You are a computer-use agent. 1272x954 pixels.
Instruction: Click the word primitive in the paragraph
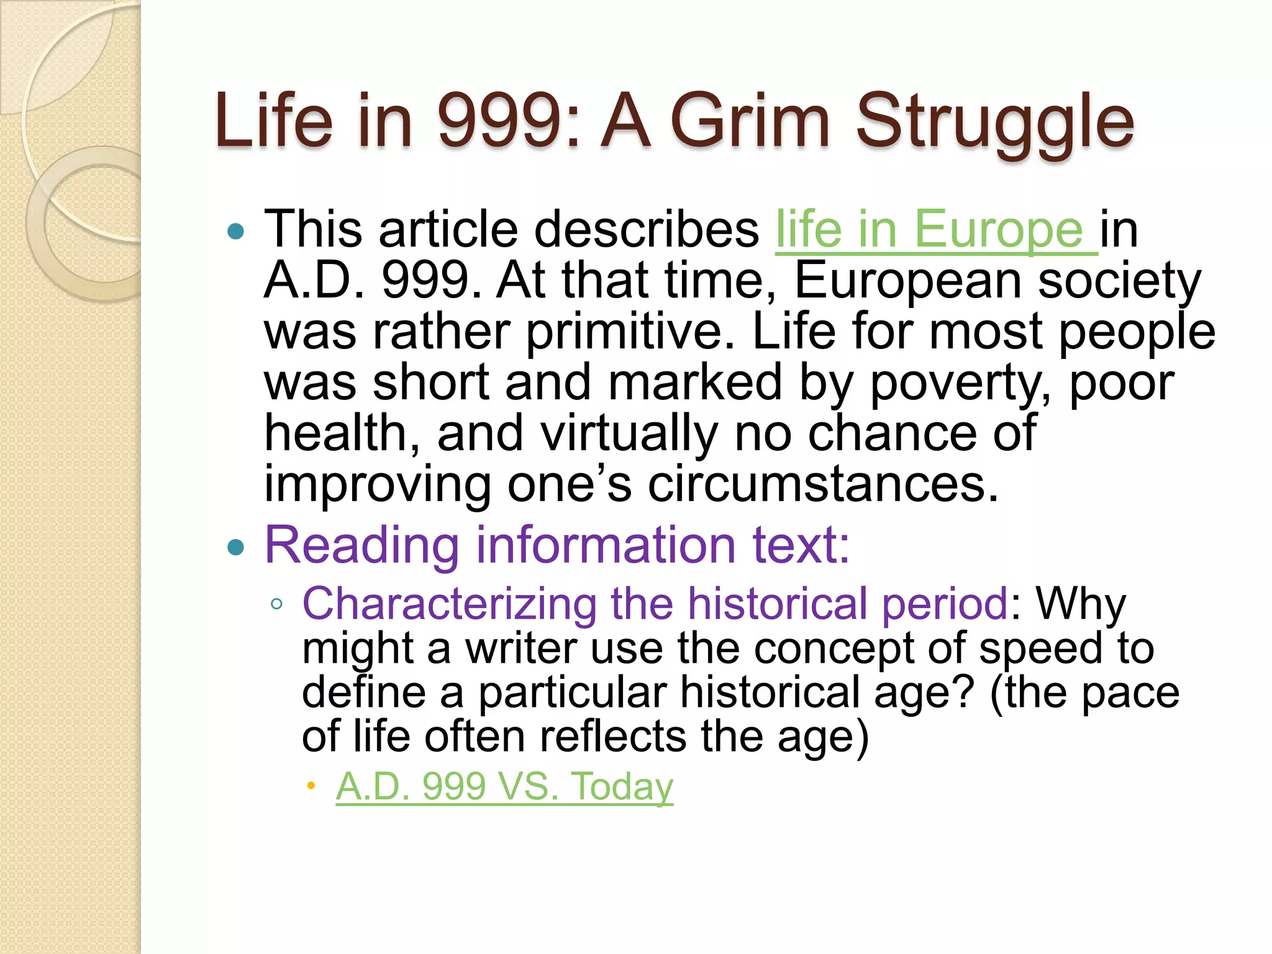(x=630, y=331)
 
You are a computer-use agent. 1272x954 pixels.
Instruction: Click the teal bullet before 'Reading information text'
(x=236, y=547)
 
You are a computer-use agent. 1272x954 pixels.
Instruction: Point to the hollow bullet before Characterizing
(x=277, y=604)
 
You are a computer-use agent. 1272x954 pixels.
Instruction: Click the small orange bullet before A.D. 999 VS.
(x=311, y=787)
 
